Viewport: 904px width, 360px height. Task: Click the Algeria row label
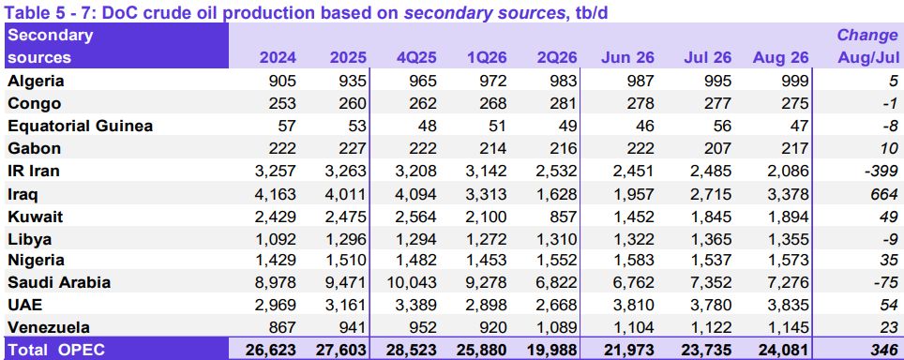[36, 82]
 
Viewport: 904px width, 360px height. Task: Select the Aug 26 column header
[780, 58]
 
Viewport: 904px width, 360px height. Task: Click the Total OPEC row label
[56, 350]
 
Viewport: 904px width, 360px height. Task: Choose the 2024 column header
[278, 58]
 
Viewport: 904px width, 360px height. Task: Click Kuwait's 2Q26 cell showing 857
[563, 217]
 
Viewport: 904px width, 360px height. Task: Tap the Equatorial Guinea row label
[80, 127]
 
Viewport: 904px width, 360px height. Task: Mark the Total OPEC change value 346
[885, 350]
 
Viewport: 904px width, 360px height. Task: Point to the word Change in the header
[867, 35]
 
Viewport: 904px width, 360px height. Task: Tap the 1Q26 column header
[488, 58]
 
